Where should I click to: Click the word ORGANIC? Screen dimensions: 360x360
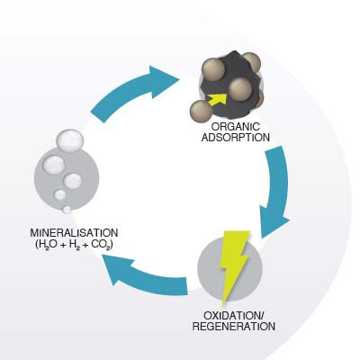(x=236, y=127)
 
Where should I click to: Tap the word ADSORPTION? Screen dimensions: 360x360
(x=236, y=138)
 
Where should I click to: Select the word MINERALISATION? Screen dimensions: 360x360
(x=74, y=233)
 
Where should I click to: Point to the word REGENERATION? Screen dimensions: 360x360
(x=234, y=327)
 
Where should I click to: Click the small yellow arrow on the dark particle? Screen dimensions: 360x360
(x=218, y=100)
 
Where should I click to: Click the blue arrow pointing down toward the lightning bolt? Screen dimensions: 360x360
(x=274, y=192)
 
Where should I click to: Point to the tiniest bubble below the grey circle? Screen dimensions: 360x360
(x=67, y=209)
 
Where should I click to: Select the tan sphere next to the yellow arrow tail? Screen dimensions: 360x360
(x=201, y=112)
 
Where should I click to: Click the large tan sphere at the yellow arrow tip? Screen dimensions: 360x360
(x=240, y=89)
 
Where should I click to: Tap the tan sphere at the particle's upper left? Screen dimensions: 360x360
(x=213, y=70)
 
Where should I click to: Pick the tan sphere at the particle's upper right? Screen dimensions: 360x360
(x=251, y=63)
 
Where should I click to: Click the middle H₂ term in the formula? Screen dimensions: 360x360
(x=74, y=245)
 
